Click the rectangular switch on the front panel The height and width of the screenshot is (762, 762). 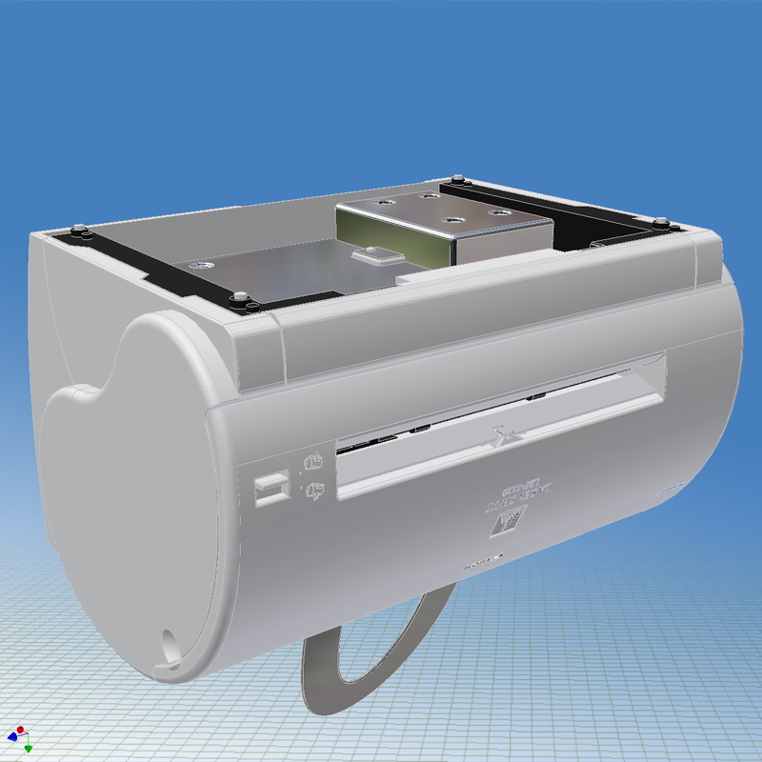[x=271, y=489]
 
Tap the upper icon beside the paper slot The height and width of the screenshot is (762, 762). [x=311, y=464]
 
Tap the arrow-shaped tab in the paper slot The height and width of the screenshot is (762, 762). [x=503, y=437]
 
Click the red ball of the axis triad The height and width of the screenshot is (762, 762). [x=20, y=730]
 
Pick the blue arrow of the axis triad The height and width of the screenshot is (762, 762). [x=11, y=736]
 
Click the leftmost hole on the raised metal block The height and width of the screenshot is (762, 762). [x=382, y=203]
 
